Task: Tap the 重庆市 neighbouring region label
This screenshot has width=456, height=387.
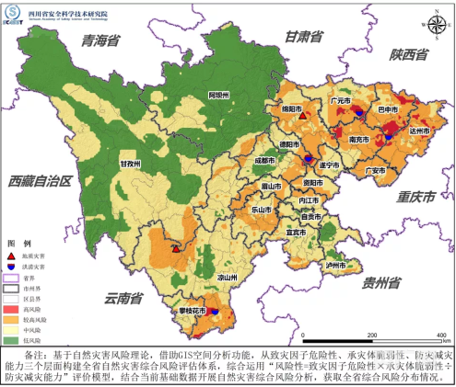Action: coord(411,198)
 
